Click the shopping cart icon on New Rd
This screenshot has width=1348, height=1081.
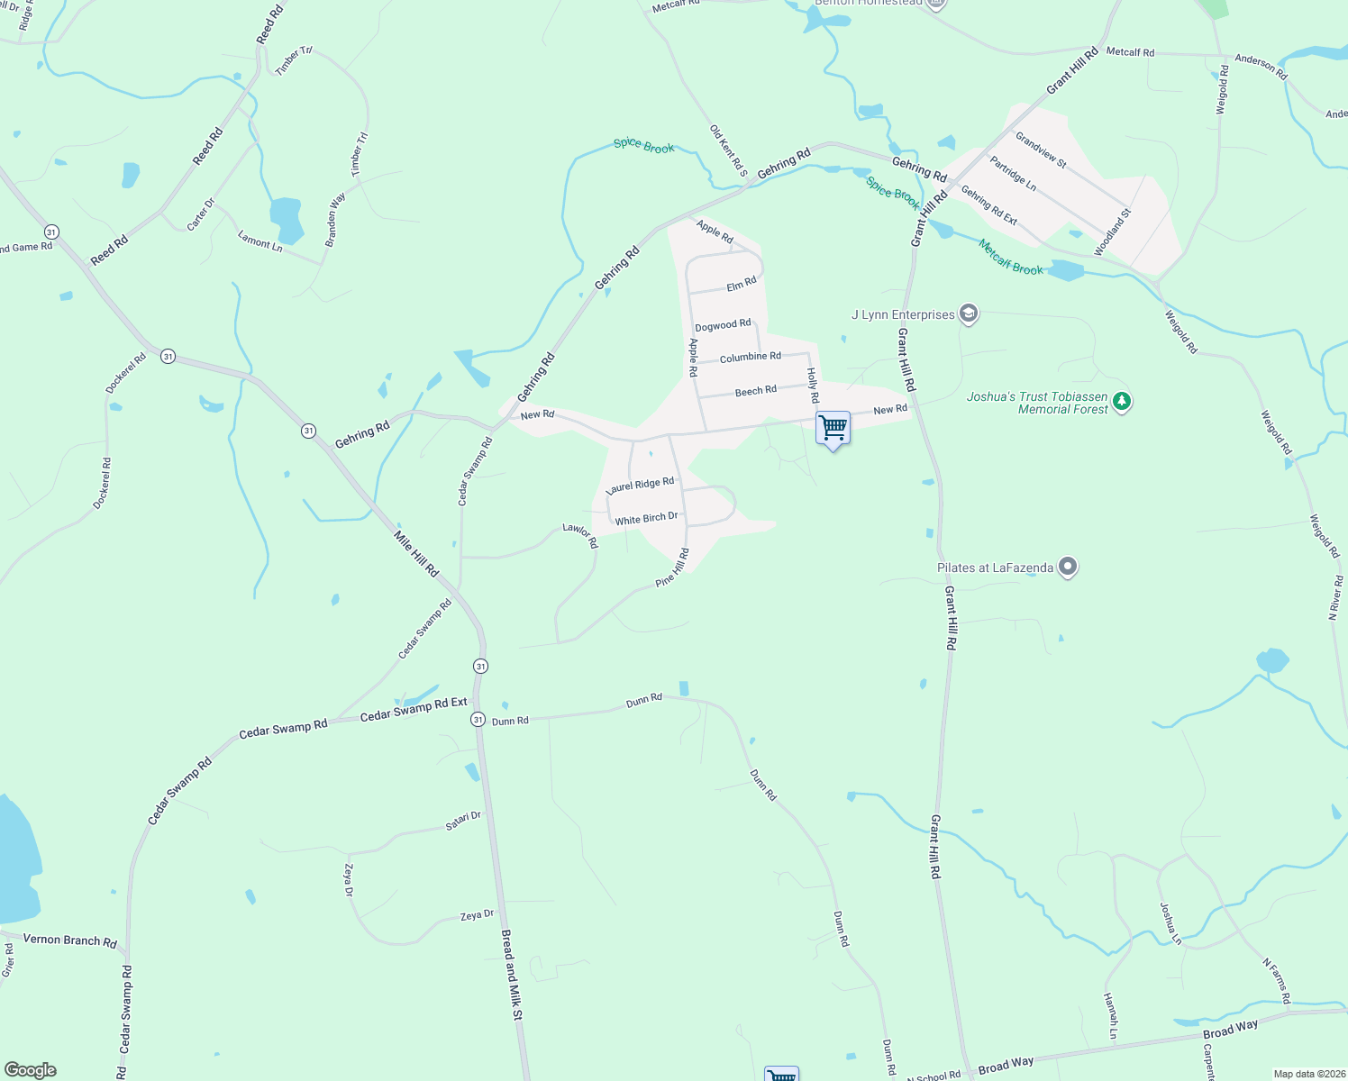tap(833, 427)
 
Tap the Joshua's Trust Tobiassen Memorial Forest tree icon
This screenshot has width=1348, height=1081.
tap(1122, 402)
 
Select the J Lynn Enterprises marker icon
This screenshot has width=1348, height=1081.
tap(969, 313)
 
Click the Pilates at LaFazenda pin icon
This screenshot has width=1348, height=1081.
tap(1068, 567)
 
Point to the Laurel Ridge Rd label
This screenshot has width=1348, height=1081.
tap(641, 485)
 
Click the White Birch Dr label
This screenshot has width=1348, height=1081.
tap(646, 519)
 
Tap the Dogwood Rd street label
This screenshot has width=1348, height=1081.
tap(723, 325)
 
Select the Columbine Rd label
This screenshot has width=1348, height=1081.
tap(750, 358)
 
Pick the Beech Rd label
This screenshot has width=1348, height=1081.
tap(755, 391)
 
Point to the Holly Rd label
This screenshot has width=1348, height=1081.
tap(813, 385)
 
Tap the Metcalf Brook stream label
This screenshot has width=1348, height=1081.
tap(1011, 258)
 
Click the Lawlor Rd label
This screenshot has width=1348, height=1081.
tap(580, 535)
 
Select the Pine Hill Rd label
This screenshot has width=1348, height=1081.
tap(672, 568)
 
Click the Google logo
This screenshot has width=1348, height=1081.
tap(31, 1070)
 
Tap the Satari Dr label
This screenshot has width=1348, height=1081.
tap(463, 821)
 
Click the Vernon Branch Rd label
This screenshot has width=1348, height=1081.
tap(69, 940)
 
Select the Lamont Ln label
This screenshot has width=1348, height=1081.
tap(260, 241)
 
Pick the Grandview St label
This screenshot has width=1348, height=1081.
tap(1041, 150)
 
